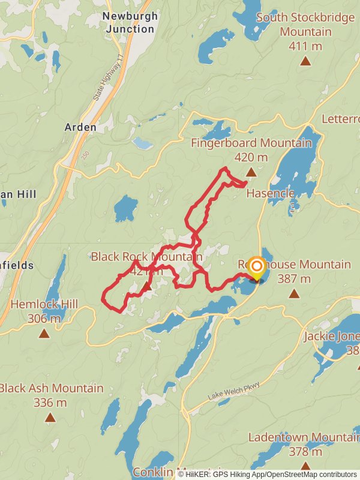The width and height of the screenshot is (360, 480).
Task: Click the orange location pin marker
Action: pyautogui.click(x=257, y=268)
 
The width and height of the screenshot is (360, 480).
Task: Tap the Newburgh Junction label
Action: pyautogui.click(x=130, y=22)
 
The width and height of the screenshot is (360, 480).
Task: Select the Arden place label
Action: pyautogui.click(x=80, y=127)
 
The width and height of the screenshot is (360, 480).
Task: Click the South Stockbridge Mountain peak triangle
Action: pyautogui.click(x=305, y=61)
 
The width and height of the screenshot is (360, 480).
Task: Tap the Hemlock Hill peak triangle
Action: pyautogui.click(x=44, y=333)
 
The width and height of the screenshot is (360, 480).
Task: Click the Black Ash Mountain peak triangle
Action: pyautogui.click(x=50, y=417)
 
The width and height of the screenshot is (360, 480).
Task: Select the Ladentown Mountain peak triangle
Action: pyautogui.click(x=305, y=466)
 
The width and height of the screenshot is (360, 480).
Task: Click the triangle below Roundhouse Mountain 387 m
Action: pyautogui.click(x=294, y=293)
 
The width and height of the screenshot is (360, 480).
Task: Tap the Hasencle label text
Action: pyautogui.click(x=270, y=193)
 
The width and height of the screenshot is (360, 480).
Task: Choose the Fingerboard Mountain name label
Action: pyautogui.click(x=251, y=143)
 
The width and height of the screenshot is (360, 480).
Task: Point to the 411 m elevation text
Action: pyautogui.click(x=305, y=46)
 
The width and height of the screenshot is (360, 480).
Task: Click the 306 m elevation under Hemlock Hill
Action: pyautogui.click(x=44, y=319)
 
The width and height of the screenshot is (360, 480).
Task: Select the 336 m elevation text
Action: pyautogui.click(x=50, y=403)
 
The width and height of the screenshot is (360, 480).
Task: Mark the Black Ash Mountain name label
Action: pyautogui.click(x=52, y=388)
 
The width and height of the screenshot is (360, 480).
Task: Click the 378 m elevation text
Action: pyautogui.click(x=305, y=451)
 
